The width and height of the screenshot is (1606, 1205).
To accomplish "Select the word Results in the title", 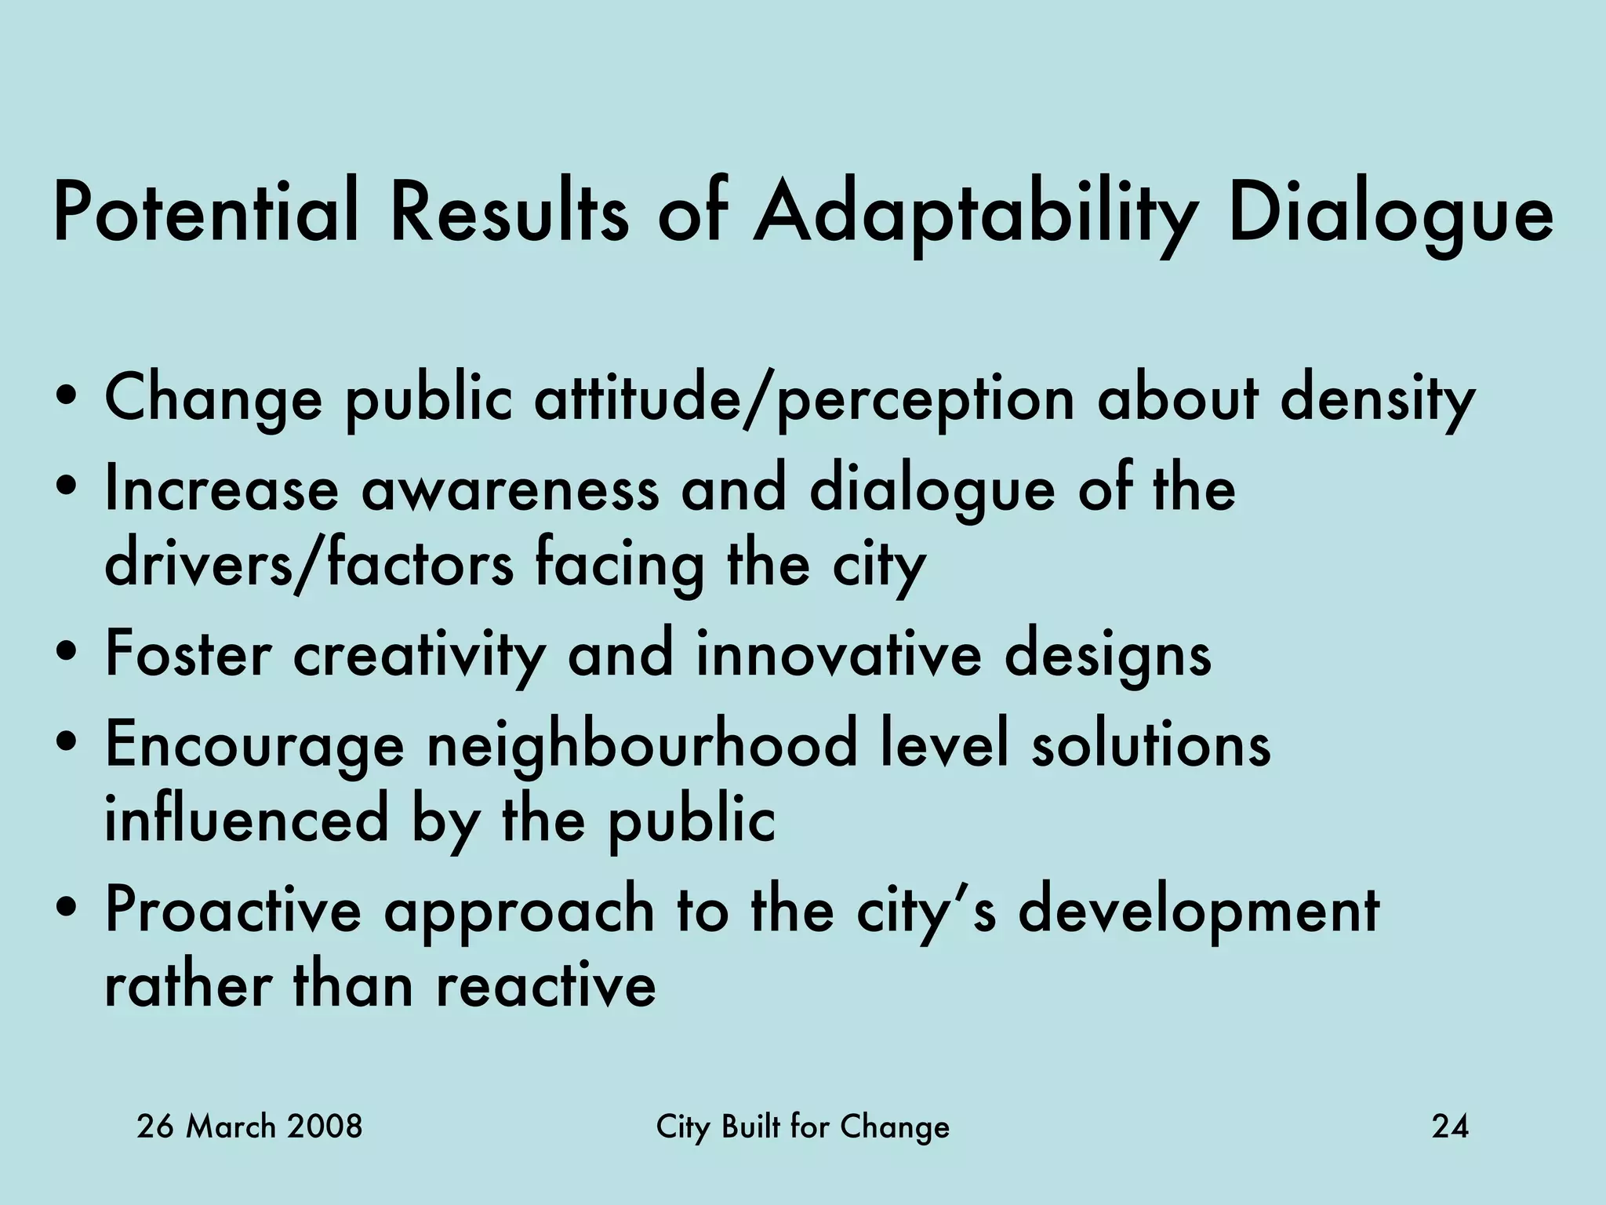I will click(x=510, y=212).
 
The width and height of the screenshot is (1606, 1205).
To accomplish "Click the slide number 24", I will click(x=1450, y=1127).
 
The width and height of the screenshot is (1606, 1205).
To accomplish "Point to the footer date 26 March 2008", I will click(x=249, y=1127).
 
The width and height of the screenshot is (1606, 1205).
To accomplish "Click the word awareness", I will click(x=510, y=489).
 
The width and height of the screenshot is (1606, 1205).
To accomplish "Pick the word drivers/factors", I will click(x=309, y=563).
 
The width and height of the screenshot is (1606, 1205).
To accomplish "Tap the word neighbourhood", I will click(x=642, y=745).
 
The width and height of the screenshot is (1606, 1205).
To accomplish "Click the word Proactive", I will click(x=233, y=912).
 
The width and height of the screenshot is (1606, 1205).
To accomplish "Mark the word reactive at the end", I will click(x=546, y=986).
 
